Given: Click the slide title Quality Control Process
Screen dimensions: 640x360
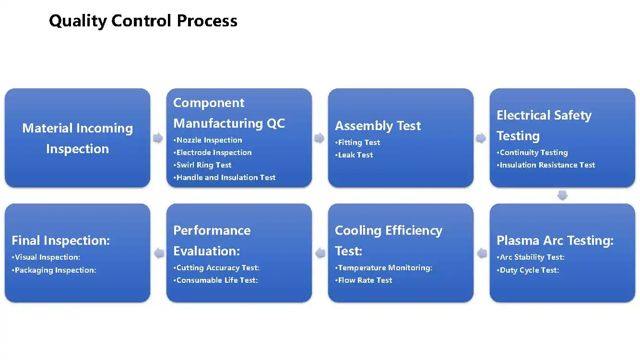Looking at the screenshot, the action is (x=143, y=21).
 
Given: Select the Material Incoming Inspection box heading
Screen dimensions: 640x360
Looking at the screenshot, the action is (x=77, y=138).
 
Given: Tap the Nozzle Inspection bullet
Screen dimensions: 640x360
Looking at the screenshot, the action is (x=209, y=140).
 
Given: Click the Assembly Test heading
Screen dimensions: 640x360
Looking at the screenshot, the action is (x=378, y=126).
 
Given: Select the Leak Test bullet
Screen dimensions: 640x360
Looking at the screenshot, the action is (x=355, y=155).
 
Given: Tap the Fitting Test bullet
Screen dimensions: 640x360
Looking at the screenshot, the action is (x=359, y=143).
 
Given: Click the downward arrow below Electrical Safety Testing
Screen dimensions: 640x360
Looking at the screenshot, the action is (x=562, y=195).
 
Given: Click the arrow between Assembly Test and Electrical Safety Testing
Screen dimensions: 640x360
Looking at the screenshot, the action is (x=481, y=138).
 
